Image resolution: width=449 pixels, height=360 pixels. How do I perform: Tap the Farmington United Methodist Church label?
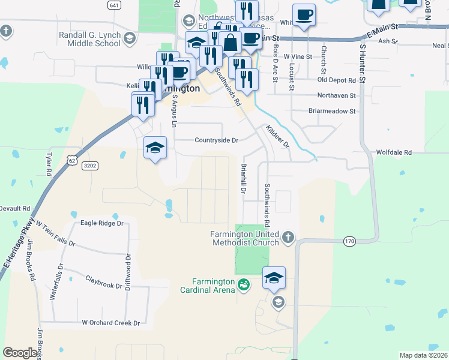coord(245,238)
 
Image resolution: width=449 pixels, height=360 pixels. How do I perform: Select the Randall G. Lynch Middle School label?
coord(91,39)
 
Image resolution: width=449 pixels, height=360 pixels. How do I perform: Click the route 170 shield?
coord(350,241)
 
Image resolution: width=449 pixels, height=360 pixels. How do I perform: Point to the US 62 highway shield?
coord(72,160)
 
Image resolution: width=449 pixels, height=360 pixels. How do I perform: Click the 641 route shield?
coord(115,5)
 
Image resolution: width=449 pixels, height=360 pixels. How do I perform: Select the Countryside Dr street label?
coord(216,140)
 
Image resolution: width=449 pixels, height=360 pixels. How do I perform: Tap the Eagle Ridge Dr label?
coord(101,223)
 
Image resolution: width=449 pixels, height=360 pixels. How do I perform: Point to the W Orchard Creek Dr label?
coord(110,323)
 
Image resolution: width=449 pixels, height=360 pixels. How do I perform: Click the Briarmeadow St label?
coord(332,111)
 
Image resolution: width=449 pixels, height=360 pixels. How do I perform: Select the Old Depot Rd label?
coord(337,80)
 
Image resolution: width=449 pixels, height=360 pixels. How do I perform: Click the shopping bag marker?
coord(230,43)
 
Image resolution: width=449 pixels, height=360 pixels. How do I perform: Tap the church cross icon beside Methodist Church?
coord(288,238)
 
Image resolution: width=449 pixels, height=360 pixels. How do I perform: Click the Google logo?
coord(20,353)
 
